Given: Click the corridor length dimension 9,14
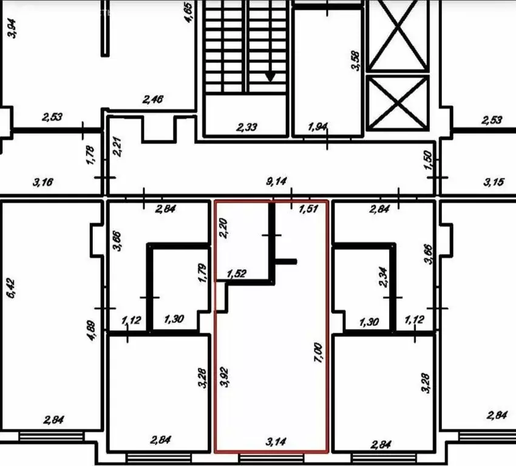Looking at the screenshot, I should [277, 181].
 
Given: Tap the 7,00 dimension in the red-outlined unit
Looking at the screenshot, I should [317, 352].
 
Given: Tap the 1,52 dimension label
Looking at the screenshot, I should [237, 274].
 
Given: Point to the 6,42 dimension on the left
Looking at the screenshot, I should [9, 286].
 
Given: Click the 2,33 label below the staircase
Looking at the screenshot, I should [247, 127].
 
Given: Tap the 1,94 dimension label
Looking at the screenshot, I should [319, 127].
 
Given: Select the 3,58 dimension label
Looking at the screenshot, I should [356, 59].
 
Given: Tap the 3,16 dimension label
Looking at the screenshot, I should [44, 181].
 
